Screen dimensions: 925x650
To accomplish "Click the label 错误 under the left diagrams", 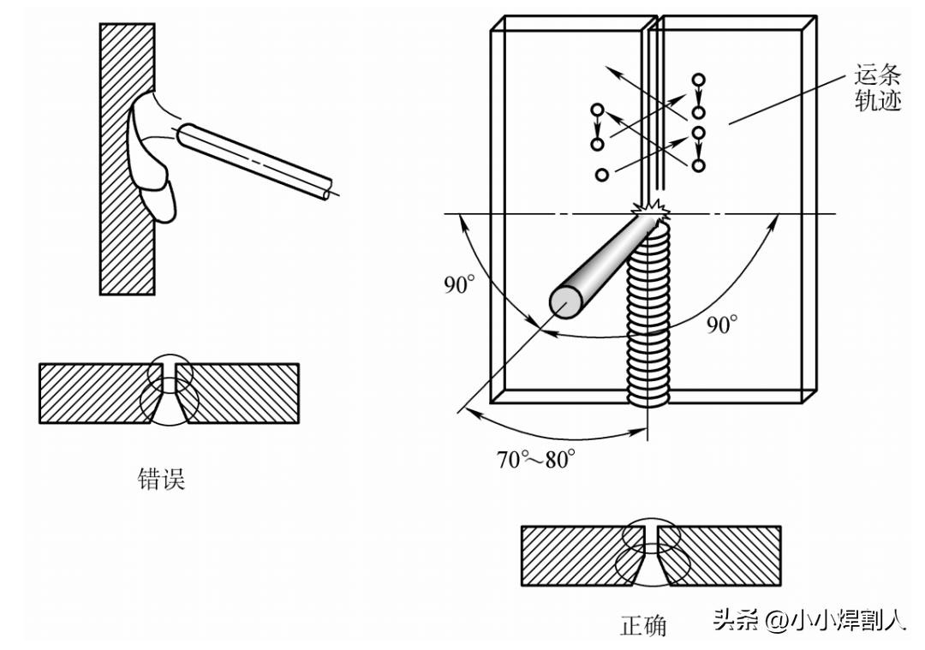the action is point(161,479).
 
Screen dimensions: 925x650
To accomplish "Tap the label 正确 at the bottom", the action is point(643,624).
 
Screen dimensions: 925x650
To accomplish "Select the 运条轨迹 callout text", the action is point(878,88).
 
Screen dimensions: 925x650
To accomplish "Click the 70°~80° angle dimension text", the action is point(536,459).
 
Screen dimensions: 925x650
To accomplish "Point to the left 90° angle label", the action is point(460,284).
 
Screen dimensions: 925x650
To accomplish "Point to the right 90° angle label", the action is point(722,325).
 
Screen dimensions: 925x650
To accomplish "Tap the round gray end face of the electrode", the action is point(566,302).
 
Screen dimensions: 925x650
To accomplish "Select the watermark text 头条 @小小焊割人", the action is point(809,620).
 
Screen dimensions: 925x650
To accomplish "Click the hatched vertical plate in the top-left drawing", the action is point(128,159).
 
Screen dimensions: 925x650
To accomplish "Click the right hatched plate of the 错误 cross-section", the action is point(239,393).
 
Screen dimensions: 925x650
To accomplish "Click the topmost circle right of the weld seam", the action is point(699,80).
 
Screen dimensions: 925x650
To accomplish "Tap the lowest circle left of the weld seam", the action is point(602,175).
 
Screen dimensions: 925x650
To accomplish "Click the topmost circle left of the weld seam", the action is point(597,110).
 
